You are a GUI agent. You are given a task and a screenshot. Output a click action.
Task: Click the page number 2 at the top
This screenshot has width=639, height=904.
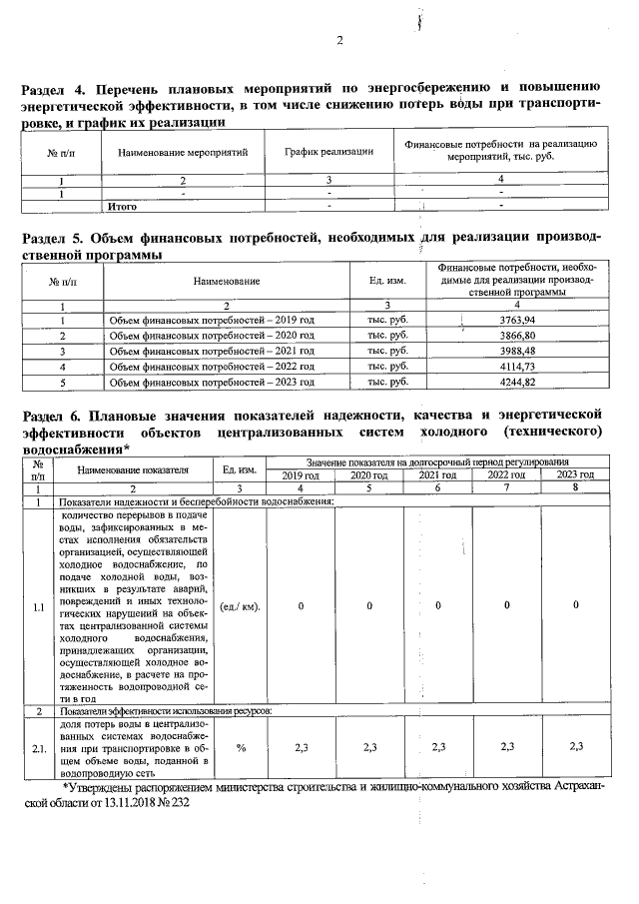339,41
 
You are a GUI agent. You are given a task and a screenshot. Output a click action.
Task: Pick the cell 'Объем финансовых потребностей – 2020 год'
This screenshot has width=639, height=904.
211,335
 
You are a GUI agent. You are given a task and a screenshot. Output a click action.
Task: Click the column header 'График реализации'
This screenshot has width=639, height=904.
328,152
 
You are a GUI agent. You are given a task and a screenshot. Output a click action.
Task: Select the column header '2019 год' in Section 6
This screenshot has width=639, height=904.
300,474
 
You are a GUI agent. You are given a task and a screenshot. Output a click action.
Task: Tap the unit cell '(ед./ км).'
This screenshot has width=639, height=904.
241,605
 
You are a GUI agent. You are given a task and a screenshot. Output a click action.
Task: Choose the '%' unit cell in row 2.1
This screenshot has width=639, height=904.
241,747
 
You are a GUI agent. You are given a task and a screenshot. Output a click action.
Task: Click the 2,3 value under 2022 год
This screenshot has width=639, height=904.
506,747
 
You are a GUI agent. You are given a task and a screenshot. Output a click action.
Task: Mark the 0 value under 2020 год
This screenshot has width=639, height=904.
369,605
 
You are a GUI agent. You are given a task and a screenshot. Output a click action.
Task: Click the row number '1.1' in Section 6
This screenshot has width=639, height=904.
38,605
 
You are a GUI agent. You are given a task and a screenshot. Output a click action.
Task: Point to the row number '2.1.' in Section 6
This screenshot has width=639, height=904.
38,747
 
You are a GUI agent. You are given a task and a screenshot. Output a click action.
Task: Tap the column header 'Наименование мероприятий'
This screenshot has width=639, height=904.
182,152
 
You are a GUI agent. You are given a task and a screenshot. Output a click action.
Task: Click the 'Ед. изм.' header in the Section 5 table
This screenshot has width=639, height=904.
385,282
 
